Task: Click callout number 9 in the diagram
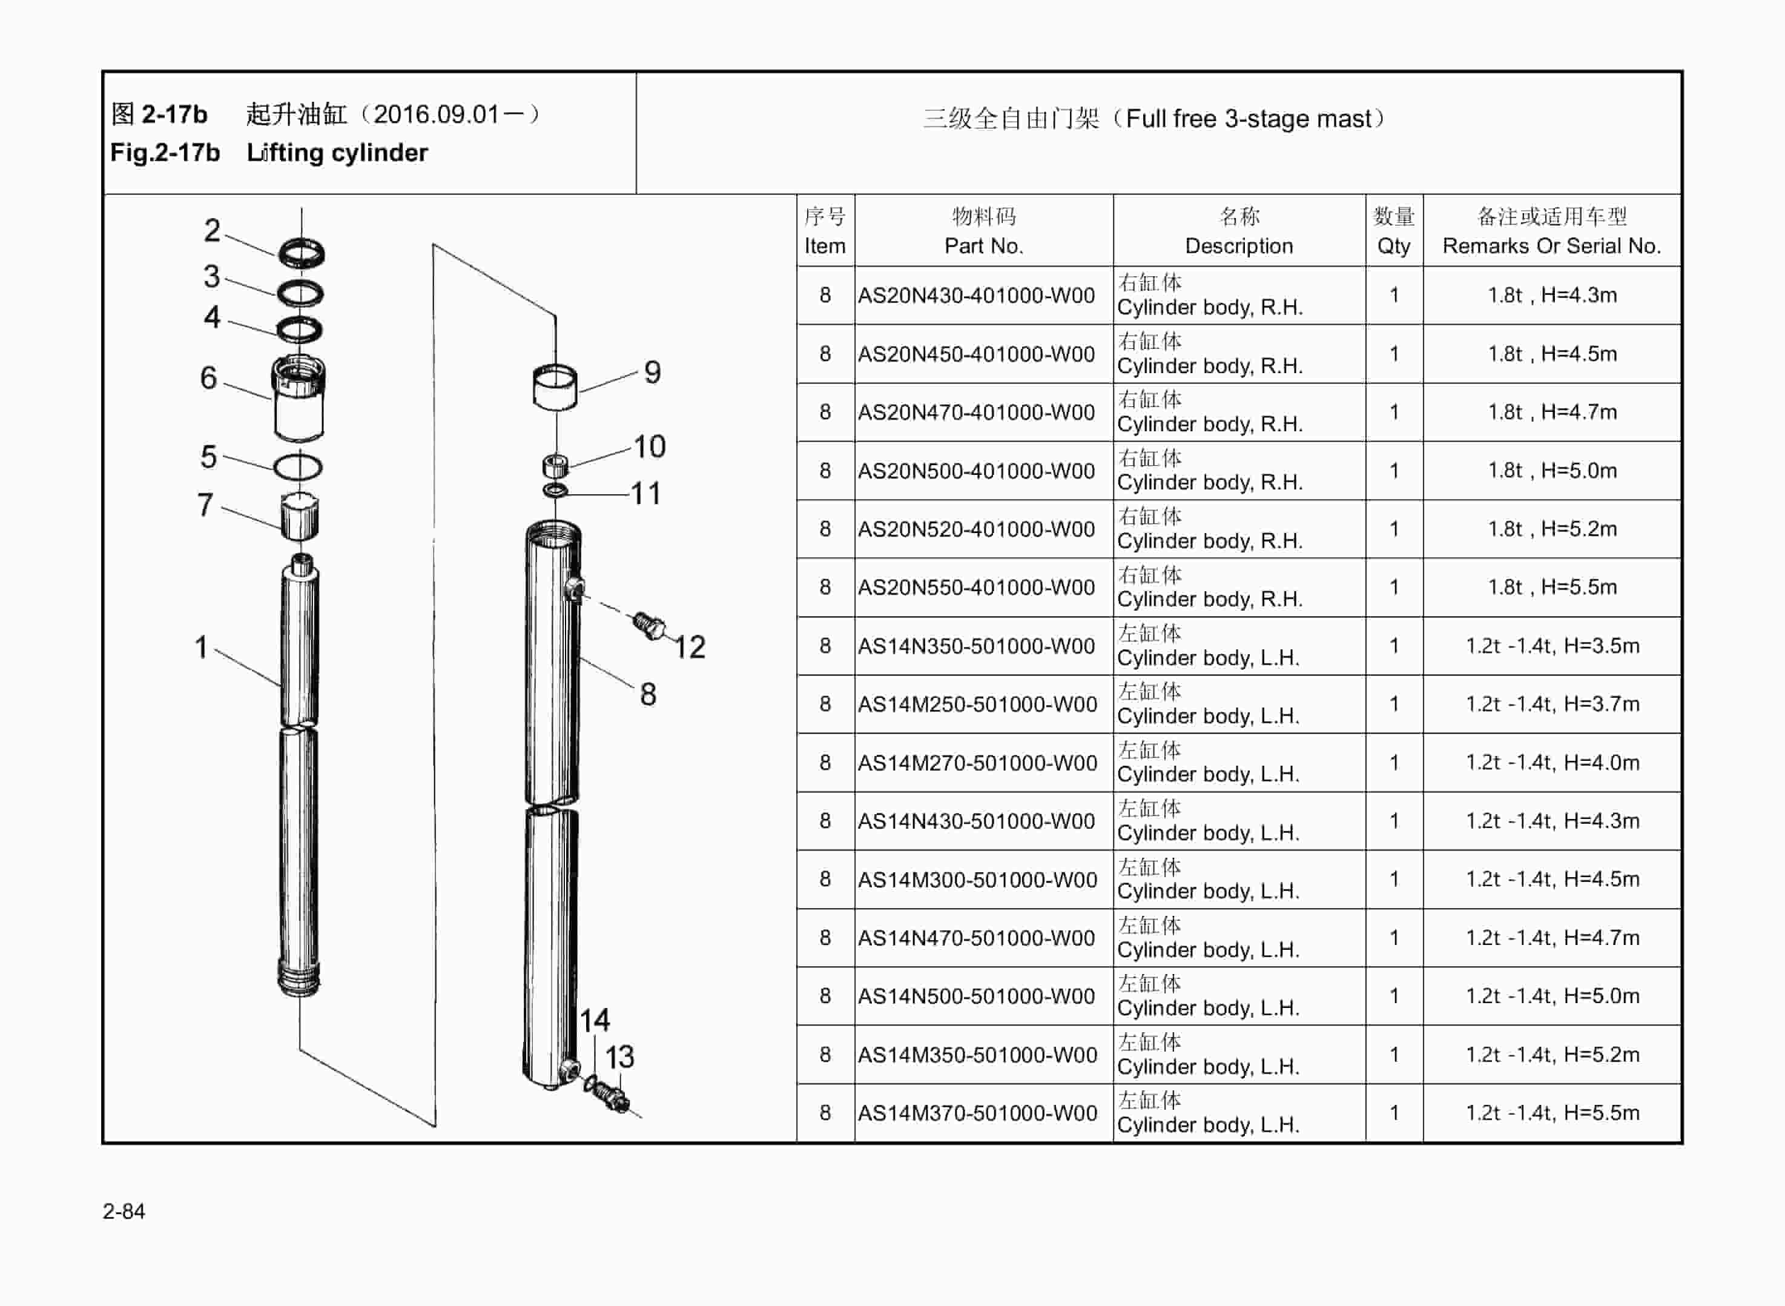(652, 373)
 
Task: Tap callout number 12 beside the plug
(689, 648)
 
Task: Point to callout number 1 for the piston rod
(202, 648)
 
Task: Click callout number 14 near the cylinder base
(594, 1021)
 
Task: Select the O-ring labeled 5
(298, 467)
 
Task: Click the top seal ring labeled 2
(301, 254)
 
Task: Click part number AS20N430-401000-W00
(976, 296)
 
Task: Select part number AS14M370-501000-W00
(977, 1113)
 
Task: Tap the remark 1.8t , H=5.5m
(1552, 588)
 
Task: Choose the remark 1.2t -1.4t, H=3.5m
(1552, 646)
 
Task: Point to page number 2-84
(124, 1211)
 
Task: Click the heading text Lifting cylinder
(337, 153)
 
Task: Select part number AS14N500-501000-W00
(976, 996)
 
